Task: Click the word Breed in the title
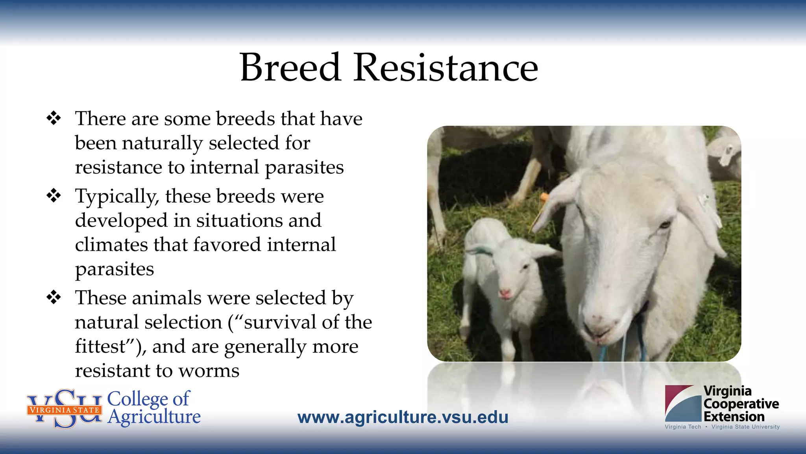click(290, 68)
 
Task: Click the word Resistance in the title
click(446, 68)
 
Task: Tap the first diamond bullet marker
click(54, 118)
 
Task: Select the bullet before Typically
click(54, 195)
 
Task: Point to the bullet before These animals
click(54, 297)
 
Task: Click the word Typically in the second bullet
click(117, 197)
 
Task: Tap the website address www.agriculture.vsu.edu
click(403, 417)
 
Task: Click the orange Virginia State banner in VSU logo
click(64, 410)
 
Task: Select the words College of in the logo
click(148, 398)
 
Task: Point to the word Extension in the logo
click(734, 417)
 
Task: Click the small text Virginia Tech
click(682, 427)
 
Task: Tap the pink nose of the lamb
click(505, 294)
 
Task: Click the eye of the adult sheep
click(665, 225)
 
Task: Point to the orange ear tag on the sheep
click(543, 197)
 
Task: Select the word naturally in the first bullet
click(162, 143)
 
